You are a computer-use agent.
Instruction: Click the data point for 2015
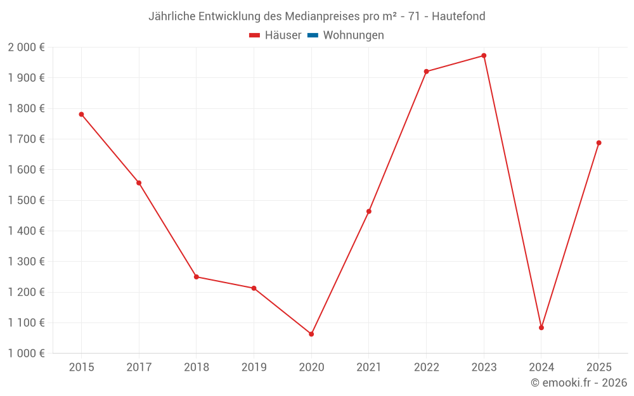click(81, 114)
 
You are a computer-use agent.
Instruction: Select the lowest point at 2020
click(311, 334)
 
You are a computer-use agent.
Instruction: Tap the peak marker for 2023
click(484, 56)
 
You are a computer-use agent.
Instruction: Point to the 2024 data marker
click(541, 328)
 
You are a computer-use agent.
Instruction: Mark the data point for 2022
click(426, 72)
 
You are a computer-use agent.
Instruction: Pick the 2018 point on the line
click(197, 277)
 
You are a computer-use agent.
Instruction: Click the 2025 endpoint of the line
click(598, 143)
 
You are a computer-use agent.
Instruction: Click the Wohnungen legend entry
click(353, 35)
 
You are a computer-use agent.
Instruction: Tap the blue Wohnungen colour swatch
click(313, 35)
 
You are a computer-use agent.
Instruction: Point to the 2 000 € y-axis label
click(26, 48)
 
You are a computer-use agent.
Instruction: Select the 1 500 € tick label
click(26, 200)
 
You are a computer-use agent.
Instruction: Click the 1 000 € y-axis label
click(26, 354)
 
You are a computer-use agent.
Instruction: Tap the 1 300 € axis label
click(26, 262)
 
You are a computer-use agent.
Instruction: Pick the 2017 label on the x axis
click(139, 367)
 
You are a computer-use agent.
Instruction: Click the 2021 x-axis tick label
click(368, 367)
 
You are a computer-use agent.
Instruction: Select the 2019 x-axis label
click(254, 367)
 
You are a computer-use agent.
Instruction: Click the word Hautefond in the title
click(458, 16)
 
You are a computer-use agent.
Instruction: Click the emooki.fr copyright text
click(579, 383)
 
